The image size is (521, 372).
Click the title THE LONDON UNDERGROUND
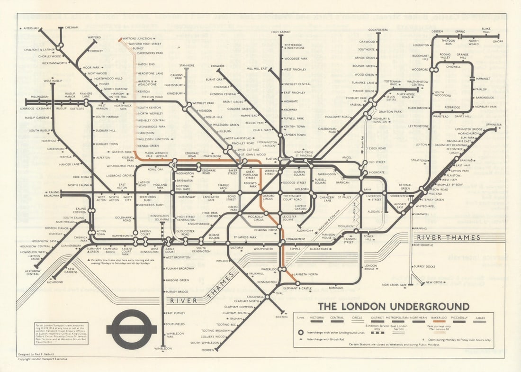pyautogui.click(x=393, y=307)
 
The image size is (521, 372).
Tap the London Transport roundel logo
pyautogui.click(x=131, y=329)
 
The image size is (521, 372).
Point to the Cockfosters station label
pyautogui.click(x=378, y=29)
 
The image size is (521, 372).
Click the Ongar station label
pyautogui.click(x=497, y=41)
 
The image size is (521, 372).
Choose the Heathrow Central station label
pyautogui.click(x=33, y=272)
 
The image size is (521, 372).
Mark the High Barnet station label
pyautogui.click(x=281, y=32)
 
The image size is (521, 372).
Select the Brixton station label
pyautogui.click(x=281, y=317)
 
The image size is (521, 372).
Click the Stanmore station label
pyautogui.click(x=187, y=65)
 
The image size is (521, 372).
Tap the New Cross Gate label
pyautogui.click(x=394, y=285)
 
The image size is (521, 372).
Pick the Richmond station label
pyautogui.click(x=54, y=282)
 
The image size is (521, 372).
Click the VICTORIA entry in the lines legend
pyautogui.click(x=316, y=317)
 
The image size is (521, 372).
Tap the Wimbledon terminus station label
pyautogui.click(x=162, y=348)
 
